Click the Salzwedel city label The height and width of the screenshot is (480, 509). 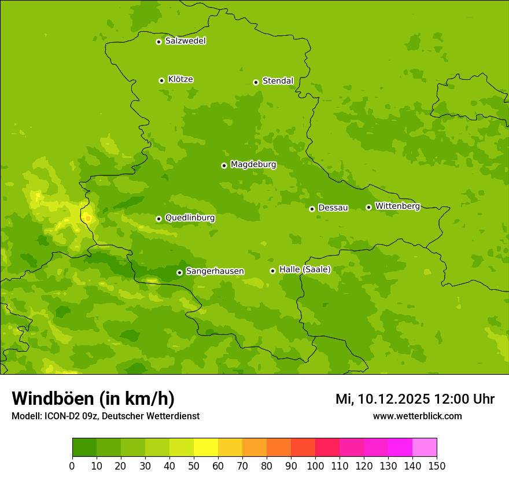[x=185, y=41]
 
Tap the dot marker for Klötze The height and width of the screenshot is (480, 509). [x=161, y=80]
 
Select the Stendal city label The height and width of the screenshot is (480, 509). [x=278, y=81]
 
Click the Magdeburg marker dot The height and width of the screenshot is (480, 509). [x=224, y=165]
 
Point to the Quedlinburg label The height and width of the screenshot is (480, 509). [x=190, y=218]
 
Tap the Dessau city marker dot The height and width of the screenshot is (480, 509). [x=312, y=209]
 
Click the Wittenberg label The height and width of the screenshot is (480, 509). [x=397, y=206]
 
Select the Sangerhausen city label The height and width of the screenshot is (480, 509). [x=215, y=271]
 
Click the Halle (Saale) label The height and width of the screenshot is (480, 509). [x=305, y=269]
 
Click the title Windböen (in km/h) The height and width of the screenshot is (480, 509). [x=93, y=398]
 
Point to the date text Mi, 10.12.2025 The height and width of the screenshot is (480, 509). [x=383, y=399]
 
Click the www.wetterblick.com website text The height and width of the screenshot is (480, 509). [x=417, y=416]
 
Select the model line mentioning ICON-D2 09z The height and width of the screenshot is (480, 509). [x=105, y=416]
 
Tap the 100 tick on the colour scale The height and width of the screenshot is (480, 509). [x=315, y=466]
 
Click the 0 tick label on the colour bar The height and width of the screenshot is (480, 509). [x=72, y=466]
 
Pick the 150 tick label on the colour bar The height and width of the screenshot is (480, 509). [x=437, y=466]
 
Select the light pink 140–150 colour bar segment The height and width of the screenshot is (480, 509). [x=425, y=448]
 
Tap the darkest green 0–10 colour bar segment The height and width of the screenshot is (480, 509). [x=84, y=448]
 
